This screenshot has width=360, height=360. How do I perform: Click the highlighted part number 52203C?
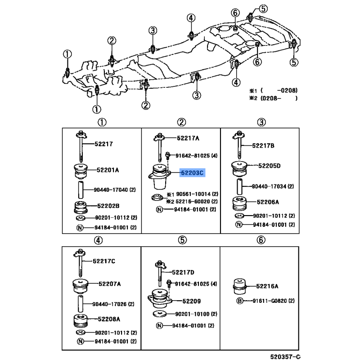192,173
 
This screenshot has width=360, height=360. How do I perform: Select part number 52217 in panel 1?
103,144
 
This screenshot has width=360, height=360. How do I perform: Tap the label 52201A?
108,170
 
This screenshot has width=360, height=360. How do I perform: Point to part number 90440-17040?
111,189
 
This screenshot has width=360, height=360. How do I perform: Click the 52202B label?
108,206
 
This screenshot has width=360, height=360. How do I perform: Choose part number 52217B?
263,145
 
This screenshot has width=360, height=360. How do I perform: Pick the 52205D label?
269,166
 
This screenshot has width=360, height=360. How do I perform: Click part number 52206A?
268,202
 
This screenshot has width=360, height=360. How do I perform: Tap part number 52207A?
109,284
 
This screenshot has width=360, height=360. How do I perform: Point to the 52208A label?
109,319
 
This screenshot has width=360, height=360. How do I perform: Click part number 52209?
192,301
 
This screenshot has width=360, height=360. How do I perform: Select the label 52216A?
267,286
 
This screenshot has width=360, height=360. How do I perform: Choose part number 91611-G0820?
270,301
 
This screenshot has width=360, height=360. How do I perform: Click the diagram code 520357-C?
285,356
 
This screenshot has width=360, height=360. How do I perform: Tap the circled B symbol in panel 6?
239,301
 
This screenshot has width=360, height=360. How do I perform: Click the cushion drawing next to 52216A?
240,286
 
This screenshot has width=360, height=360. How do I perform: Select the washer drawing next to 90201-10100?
159,314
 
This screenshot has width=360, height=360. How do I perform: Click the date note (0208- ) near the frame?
279,98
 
